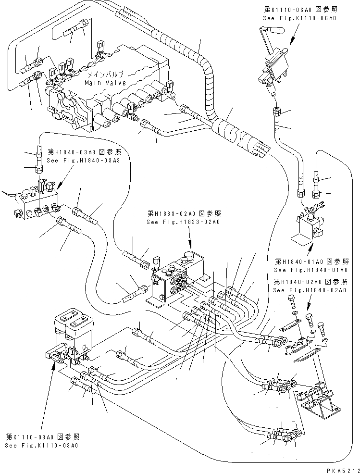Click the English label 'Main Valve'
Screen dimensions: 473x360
[x=105, y=83]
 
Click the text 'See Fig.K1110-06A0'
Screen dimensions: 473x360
[x=299, y=18]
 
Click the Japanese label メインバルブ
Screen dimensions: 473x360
[x=105, y=75]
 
